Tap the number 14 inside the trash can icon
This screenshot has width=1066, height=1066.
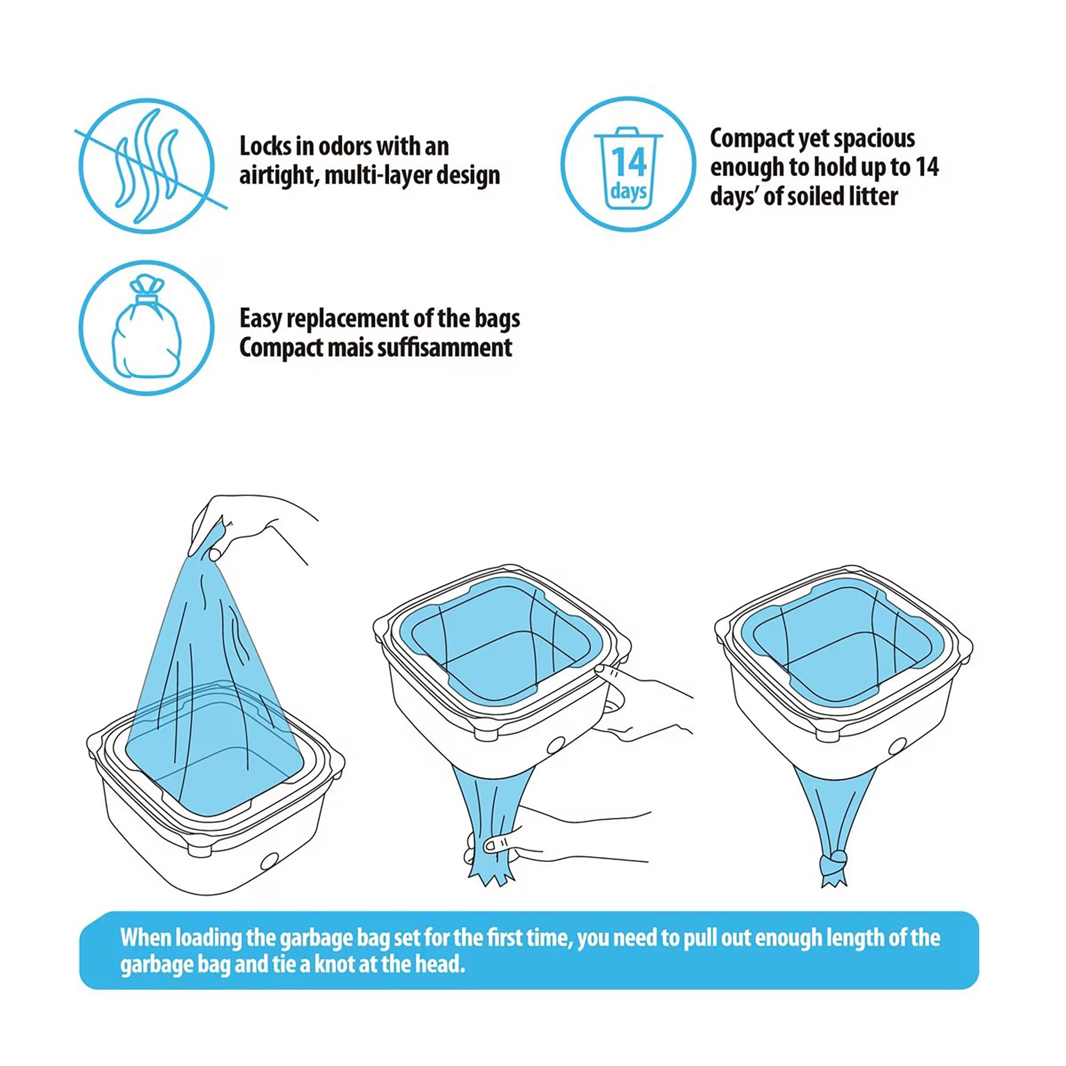tap(628, 162)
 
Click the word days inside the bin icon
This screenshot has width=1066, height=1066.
tap(628, 191)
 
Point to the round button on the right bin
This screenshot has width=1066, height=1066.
tap(899, 747)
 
